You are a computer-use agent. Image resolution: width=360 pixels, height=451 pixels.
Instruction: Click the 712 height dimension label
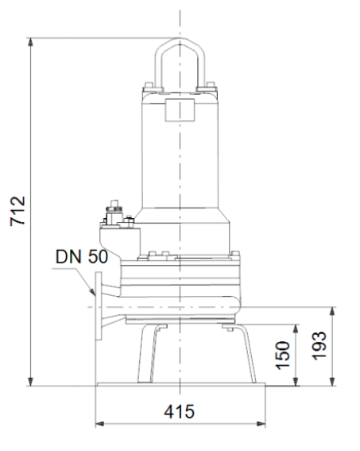click(17, 211)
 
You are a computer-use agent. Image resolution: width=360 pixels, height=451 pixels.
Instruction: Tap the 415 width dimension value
click(180, 411)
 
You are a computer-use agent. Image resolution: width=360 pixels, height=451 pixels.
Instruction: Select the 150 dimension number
click(283, 355)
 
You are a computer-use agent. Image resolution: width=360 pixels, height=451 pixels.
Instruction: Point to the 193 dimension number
click(319, 346)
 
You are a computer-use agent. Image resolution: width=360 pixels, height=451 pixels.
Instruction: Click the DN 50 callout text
click(82, 257)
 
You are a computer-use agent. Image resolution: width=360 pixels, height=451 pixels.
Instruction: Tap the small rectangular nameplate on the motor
click(180, 110)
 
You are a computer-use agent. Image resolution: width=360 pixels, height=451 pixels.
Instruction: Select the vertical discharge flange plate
click(99, 306)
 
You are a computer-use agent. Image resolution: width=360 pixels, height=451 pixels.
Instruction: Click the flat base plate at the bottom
click(181, 384)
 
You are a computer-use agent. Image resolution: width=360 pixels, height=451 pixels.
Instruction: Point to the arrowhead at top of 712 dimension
click(30, 41)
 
